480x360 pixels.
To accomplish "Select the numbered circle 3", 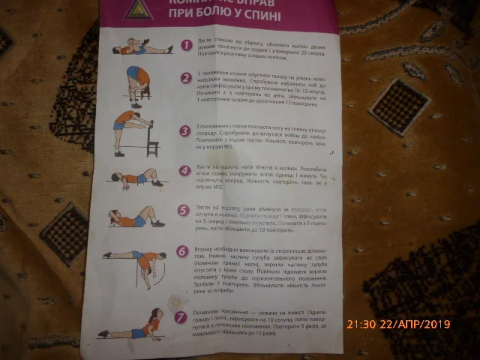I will [185, 130].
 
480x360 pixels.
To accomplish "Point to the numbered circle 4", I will [184, 170].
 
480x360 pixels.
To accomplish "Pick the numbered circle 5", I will [183, 211].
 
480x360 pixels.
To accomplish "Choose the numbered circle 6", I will [182, 252].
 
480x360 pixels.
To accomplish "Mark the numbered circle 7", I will [181, 316].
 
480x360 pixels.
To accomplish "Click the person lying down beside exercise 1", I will [138, 49].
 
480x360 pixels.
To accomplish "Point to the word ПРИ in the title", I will [177, 15].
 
